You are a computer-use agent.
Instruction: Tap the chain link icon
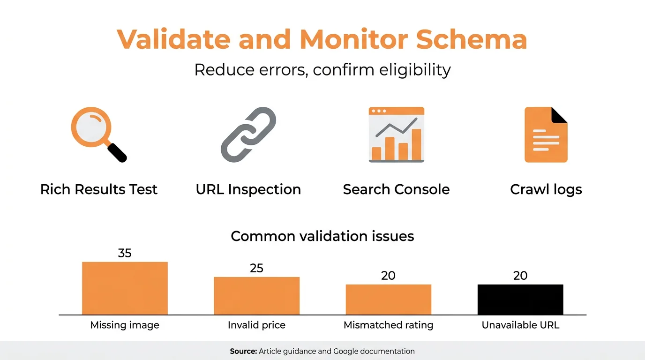[x=248, y=135]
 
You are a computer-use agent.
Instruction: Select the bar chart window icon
[x=396, y=135]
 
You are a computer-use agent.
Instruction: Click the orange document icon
[x=546, y=135]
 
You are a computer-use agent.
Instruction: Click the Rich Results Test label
[x=99, y=189]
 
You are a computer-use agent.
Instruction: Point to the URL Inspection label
[x=248, y=189]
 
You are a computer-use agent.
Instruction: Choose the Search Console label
[x=396, y=189]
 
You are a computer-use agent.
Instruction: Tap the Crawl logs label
[x=546, y=189]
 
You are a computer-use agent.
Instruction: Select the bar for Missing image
[x=125, y=288]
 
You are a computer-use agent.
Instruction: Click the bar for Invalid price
[x=256, y=296]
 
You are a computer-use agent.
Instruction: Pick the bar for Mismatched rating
[x=389, y=300]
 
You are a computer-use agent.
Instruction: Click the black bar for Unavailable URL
[x=520, y=300]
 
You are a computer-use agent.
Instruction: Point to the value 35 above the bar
[x=125, y=253]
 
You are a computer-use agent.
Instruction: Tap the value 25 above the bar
[x=256, y=268]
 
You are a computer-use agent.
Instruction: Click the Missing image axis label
[x=125, y=325]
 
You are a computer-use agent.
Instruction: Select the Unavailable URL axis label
[x=520, y=325]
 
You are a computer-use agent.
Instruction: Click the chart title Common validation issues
[x=322, y=236]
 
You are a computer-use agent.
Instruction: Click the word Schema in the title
[x=472, y=39]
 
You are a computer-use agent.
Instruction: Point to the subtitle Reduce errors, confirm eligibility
[x=322, y=70]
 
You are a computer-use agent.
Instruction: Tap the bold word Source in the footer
[x=243, y=351]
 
